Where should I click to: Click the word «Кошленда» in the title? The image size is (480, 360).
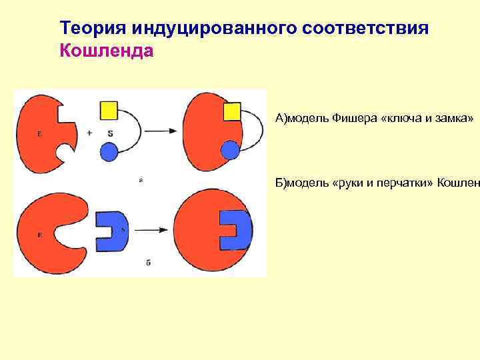[x=107, y=51]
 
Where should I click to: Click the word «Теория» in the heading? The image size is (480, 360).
[x=93, y=29]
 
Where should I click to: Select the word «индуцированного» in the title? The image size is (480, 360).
[x=214, y=29]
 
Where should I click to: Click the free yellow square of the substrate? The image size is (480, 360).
[x=109, y=111]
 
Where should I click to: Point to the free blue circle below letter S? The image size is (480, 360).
[x=109, y=152]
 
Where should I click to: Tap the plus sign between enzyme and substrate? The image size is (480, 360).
[x=89, y=133]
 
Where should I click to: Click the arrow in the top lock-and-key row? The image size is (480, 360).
[x=161, y=131]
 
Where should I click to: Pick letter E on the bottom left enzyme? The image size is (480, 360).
[x=40, y=235]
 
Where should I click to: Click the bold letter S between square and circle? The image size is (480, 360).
[x=110, y=133]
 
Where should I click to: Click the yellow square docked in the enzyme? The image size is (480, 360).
[x=231, y=111]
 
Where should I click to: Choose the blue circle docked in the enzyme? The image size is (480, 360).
[x=229, y=150]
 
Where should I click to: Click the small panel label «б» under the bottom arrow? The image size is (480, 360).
[x=148, y=263]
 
